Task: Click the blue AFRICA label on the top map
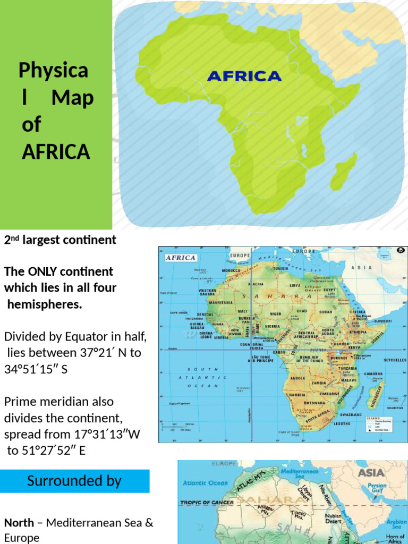coord(244,76)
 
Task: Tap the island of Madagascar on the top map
coord(344,172)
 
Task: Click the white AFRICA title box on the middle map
coord(181,258)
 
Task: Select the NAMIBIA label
coord(296,395)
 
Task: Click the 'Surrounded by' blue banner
coord(74,481)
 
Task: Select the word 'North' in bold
coord(19,522)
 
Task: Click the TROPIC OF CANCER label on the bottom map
coord(207,501)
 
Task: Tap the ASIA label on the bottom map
coord(372,472)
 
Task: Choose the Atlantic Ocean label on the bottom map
coord(206,483)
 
